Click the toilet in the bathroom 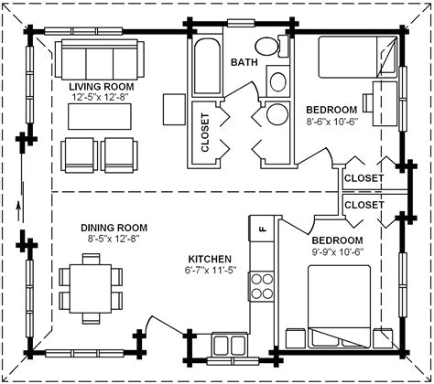267,46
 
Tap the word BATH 244,63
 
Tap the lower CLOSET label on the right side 363,206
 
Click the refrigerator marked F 261,229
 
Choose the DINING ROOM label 114,228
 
